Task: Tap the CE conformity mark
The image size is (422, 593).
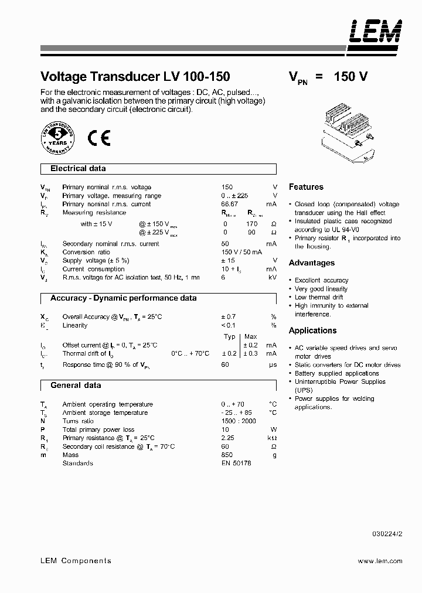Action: (x=98, y=138)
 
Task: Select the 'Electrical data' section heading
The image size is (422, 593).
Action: (x=78, y=169)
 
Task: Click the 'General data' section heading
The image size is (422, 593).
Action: (x=76, y=386)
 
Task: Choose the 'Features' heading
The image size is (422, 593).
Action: (x=306, y=187)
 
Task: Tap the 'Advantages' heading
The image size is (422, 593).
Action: (x=312, y=263)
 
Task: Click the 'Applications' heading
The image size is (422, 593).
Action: (x=313, y=330)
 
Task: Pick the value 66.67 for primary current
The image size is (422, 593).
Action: (x=230, y=204)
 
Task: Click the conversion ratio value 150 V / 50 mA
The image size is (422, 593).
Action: (x=240, y=252)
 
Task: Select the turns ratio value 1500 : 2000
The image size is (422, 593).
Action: (x=239, y=421)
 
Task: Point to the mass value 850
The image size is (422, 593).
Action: (x=227, y=455)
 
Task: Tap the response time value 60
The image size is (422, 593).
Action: (x=225, y=364)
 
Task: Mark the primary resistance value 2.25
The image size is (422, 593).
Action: (x=228, y=438)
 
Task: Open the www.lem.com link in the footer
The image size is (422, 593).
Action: (x=380, y=561)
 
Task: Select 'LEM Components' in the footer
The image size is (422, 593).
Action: (x=75, y=561)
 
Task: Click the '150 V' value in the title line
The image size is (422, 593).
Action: (x=350, y=77)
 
